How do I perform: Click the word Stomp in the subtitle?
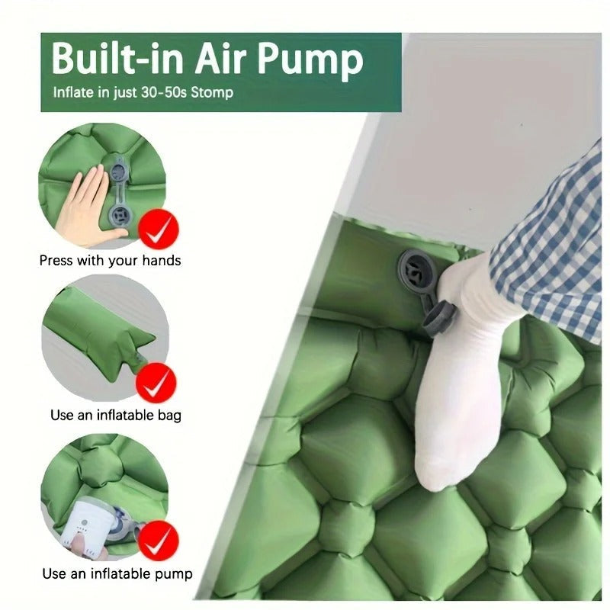[212, 93]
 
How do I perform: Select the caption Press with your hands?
[110, 261]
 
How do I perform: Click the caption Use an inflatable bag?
[116, 416]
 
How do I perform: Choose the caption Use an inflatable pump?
[117, 573]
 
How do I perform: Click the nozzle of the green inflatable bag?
[136, 355]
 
